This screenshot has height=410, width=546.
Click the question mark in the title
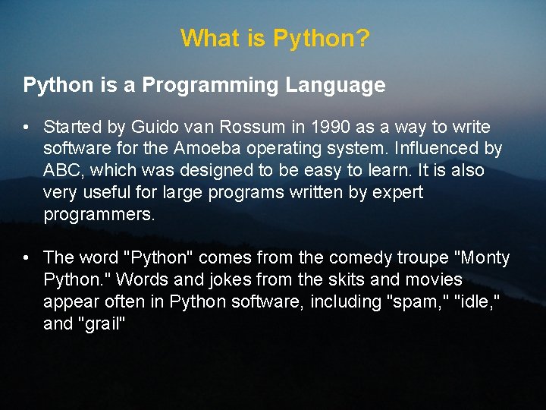pos(363,37)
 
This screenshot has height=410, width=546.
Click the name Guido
pos(152,127)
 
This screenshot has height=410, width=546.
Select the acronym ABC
pos(61,171)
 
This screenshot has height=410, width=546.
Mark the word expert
pos(397,193)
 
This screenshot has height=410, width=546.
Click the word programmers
pos(99,215)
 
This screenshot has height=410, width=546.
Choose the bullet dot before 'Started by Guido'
pos(27,127)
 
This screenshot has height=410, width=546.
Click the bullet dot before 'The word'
pos(27,258)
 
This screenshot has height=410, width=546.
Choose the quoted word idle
pos(479,302)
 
